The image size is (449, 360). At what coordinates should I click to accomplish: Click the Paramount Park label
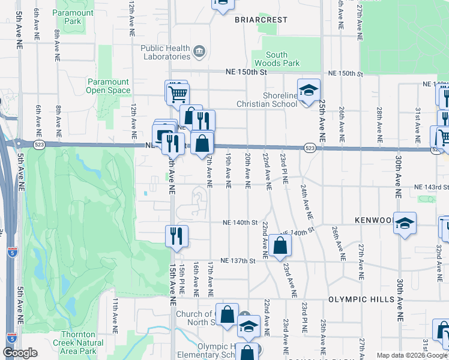point(73,17)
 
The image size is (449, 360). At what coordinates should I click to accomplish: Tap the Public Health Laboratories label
point(165,53)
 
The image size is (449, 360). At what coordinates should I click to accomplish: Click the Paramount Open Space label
point(108,86)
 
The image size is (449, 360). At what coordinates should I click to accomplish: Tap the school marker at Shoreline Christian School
point(308,91)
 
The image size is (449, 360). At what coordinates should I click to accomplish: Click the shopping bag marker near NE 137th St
point(280,245)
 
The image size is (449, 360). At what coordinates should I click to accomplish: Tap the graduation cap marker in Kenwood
point(405,223)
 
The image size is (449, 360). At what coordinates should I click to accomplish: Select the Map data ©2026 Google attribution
point(411,355)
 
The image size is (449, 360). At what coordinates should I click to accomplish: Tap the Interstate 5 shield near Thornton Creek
point(11,337)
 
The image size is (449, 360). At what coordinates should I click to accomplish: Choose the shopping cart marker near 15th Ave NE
point(178,93)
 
